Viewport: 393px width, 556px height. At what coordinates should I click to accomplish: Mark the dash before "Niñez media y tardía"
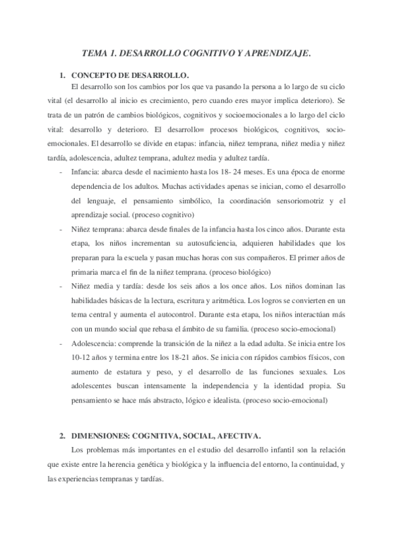click(61, 286)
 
